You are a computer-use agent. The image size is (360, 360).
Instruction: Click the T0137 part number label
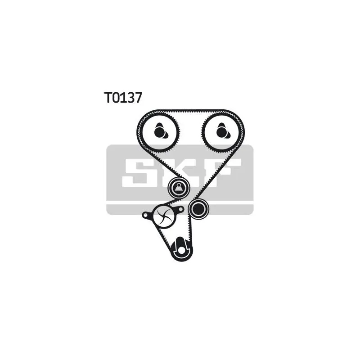pyautogui.click(x=122, y=97)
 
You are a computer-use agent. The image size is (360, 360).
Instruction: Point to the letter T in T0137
pyautogui.click(x=108, y=97)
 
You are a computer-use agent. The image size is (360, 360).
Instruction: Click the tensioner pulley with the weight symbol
pyautogui.click(x=179, y=188)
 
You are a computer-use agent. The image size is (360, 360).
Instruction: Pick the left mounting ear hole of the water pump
pyautogui.click(x=145, y=215)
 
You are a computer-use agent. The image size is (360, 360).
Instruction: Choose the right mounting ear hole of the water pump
pyautogui.click(x=181, y=209)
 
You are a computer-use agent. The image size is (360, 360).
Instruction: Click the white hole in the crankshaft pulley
pyautogui.click(x=182, y=250)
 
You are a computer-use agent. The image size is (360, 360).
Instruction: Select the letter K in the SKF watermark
pyautogui.click(x=181, y=173)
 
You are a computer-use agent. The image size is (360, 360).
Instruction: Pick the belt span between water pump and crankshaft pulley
pyautogui.click(x=163, y=237)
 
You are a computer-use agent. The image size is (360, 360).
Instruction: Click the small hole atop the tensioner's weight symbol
pyautogui.click(x=179, y=184)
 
